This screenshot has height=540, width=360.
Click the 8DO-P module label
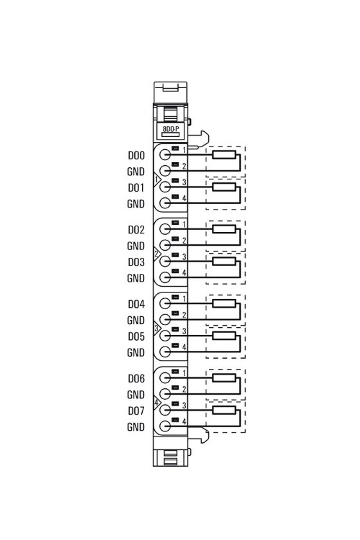pyautogui.click(x=171, y=129)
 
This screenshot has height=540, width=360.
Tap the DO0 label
pyautogui.click(x=136, y=156)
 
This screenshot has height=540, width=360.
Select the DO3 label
pyautogui.click(x=136, y=262)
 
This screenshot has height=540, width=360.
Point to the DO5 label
pyautogui.click(x=136, y=337)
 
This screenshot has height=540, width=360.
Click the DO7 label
pyautogui.click(x=136, y=411)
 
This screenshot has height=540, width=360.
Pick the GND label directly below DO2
pyautogui.click(x=136, y=246)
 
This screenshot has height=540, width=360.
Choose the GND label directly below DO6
pyautogui.click(x=136, y=395)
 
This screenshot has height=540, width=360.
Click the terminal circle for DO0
pyautogui.click(x=165, y=155)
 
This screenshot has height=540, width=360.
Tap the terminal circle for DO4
pyautogui.click(x=165, y=303)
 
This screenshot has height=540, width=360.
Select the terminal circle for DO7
pyautogui.click(x=165, y=410)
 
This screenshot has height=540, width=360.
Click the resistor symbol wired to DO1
pyautogui.click(x=224, y=187)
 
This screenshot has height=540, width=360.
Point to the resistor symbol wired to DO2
pyautogui.click(x=224, y=229)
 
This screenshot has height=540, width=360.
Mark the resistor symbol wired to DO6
pyautogui.click(x=224, y=378)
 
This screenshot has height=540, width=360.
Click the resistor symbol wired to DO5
pyautogui.click(x=224, y=336)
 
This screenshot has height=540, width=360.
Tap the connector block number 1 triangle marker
pyautogui.click(x=157, y=180)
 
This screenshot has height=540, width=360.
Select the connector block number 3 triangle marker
pyautogui.click(x=157, y=328)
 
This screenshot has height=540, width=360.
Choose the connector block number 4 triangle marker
pyautogui.click(x=157, y=402)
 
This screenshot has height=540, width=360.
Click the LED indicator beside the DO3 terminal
pyautogui.click(x=175, y=255)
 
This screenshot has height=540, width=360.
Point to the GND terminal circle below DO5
pyautogui.click(x=165, y=352)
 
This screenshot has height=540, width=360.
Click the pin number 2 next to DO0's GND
pyautogui.click(x=184, y=166)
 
